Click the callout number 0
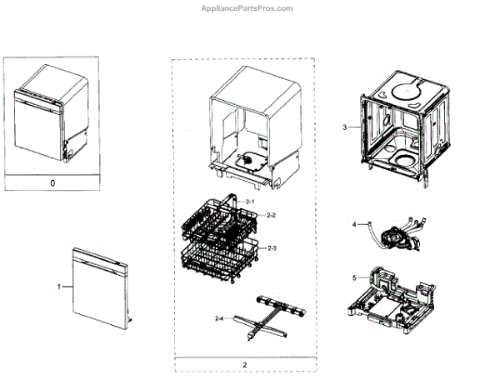coord(52,182)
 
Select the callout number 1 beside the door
coord(59,286)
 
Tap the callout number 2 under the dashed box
coord(245,364)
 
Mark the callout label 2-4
coord(219,318)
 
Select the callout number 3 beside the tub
coord(344,127)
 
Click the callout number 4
coord(353,224)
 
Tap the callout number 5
coord(353,277)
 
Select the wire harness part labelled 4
coord(395,232)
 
